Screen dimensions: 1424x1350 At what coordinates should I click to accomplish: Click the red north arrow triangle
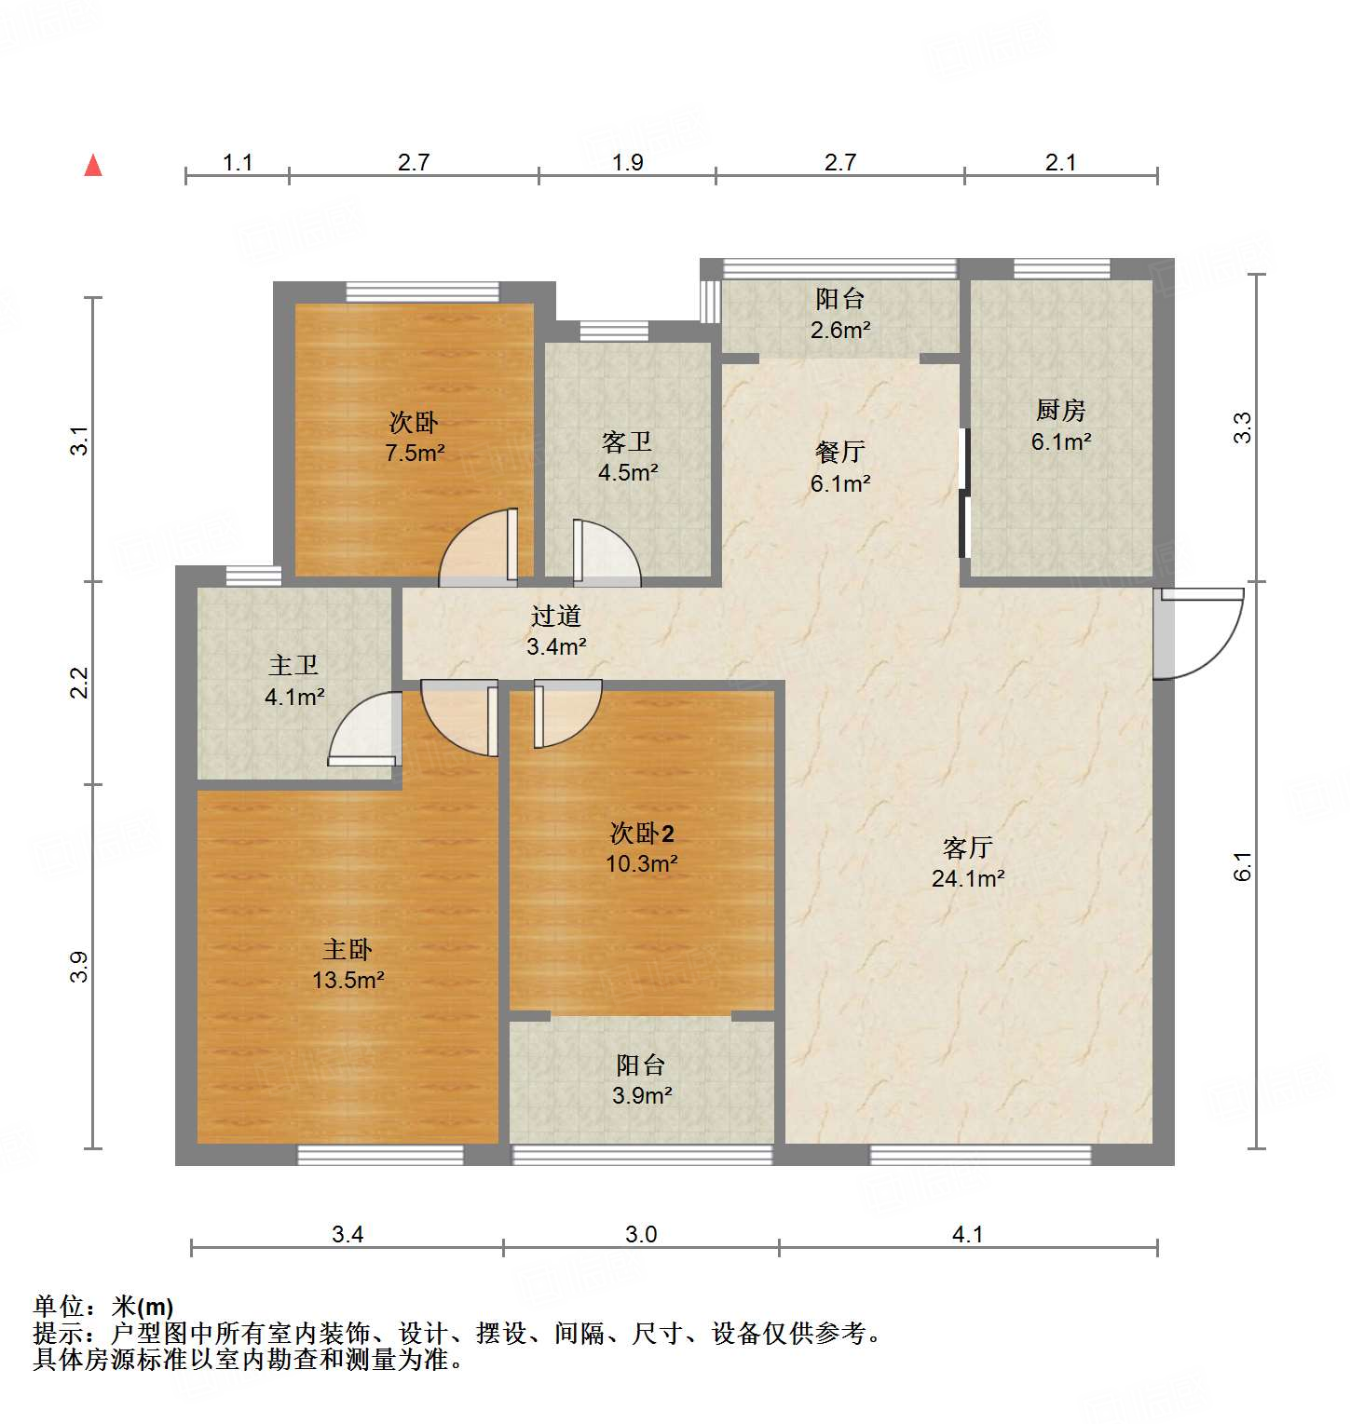pyautogui.click(x=93, y=166)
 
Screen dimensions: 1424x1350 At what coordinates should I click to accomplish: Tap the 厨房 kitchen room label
pyautogui.click(x=1060, y=410)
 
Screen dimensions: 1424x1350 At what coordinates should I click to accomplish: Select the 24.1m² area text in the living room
pyautogui.click(x=968, y=878)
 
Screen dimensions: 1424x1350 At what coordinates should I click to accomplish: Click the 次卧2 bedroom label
pyautogui.click(x=641, y=833)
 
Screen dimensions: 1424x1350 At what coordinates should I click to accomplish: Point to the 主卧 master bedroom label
pyautogui.click(x=348, y=949)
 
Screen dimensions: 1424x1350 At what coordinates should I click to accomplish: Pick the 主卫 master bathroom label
pyautogui.click(x=293, y=665)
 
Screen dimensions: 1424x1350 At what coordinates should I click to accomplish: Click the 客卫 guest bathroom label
pyautogui.click(x=627, y=441)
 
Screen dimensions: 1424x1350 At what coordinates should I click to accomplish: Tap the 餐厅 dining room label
pyautogui.click(x=840, y=452)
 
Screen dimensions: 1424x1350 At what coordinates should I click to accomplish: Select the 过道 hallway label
pyautogui.click(x=556, y=616)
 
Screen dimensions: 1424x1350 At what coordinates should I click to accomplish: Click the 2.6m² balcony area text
pyautogui.click(x=840, y=330)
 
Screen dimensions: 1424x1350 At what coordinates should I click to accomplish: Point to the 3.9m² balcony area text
pyautogui.click(x=642, y=1096)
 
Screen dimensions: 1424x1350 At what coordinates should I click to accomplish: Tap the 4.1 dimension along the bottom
pyautogui.click(x=968, y=1235)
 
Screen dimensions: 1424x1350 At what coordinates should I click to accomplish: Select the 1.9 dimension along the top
pyautogui.click(x=627, y=163)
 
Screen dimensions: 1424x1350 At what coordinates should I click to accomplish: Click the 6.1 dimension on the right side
pyautogui.click(x=1243, y=867)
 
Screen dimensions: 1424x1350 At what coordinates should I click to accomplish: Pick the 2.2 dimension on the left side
pyautogui.click(x=81, y=683)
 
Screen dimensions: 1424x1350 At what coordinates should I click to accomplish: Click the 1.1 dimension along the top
pyautogui.click(x=238, y=163)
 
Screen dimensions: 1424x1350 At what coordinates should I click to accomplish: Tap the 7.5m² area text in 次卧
pyautogui.click(x=415, y=454)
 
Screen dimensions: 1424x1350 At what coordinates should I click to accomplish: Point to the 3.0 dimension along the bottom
pyautogui.click(x=641, y=1235)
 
